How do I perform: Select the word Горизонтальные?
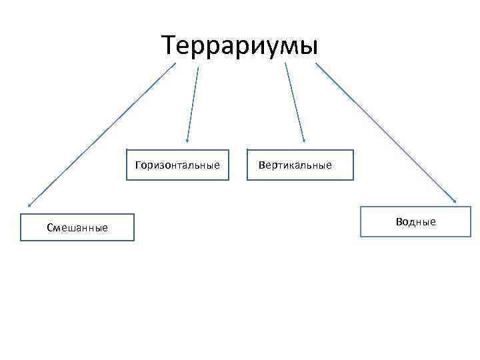pos(177,165)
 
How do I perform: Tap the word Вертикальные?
pos(295,165)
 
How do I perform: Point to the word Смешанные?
pos(77,228)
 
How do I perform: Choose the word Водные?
pos(415,221)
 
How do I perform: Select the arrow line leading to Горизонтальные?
pos(193,103)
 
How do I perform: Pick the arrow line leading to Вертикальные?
pos(295,103)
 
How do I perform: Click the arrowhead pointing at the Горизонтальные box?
pos(187,141)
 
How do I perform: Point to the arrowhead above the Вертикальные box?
pos(303,140)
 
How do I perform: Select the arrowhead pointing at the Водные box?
pos(455,199)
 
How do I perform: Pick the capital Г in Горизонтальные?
pos(137,165)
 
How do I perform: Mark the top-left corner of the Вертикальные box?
pos(247,149)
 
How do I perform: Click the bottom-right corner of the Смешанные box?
pos(133,240)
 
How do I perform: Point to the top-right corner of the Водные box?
pos(461,207)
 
